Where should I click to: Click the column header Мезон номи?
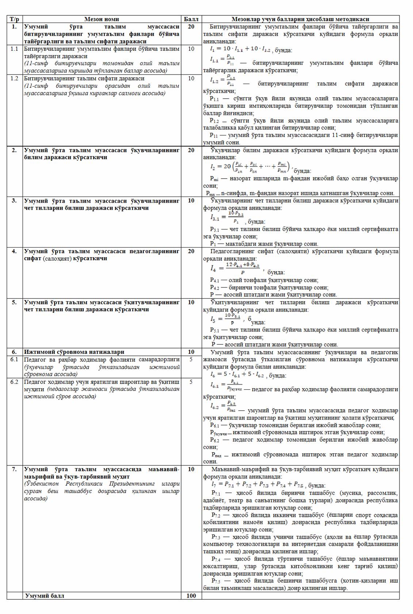[102, 19]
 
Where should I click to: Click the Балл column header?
[191, 19]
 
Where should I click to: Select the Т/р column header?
[14, 19]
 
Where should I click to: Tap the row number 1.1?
[14, 49]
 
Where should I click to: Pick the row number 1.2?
[14, 78]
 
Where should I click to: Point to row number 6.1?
[14, 359]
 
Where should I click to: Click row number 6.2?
[14, 382]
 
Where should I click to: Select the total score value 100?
[191, 596]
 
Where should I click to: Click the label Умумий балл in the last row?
[45, 596]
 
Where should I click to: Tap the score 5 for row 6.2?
[191, 382]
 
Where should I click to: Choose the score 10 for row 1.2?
[191, 78]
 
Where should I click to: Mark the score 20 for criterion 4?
[191, 251]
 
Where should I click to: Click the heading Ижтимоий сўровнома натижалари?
[74, 352]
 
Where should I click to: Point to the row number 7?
[14, 469]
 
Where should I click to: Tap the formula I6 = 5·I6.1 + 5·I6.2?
[237, 375]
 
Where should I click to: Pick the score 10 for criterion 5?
[191, 302]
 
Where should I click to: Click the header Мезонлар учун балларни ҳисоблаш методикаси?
[300, 19]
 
